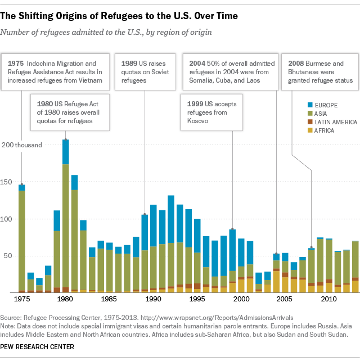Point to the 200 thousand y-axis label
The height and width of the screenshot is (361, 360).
[21, 145]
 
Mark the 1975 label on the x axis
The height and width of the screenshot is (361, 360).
[22, 299]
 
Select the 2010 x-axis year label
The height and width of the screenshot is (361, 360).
[328, 299]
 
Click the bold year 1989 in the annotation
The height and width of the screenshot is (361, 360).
[129, 63]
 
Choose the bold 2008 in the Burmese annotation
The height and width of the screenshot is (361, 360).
[297, 63]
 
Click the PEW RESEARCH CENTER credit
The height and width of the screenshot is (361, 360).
[38, 347]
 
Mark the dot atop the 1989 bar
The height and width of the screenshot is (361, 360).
[145, 215]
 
